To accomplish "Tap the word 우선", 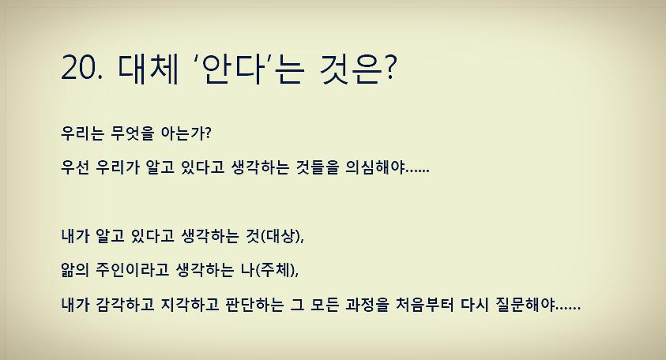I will tap(77, 168).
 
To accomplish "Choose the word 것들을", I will tap(310, 168).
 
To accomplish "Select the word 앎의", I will tap(77, 269).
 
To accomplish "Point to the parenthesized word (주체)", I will tap(277, 269).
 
